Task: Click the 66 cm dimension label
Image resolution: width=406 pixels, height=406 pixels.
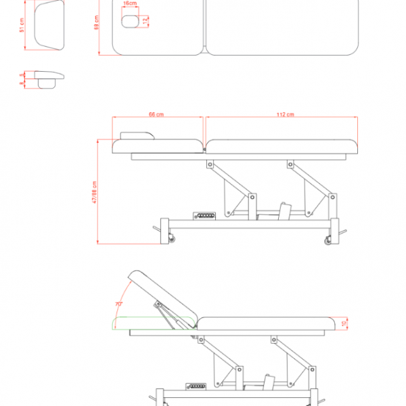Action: click(158, 114)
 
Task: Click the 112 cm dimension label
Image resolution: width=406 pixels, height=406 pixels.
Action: click(285, 114)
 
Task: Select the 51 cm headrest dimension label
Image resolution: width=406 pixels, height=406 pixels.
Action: click(22, 26)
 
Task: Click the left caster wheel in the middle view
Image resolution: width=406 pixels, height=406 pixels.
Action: click(171, 238)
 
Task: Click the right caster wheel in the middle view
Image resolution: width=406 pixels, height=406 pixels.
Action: click(329, 240)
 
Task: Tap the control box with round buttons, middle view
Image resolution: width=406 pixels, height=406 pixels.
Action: click(204, 216)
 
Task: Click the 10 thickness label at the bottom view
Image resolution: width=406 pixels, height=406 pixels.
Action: click(346, 323)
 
